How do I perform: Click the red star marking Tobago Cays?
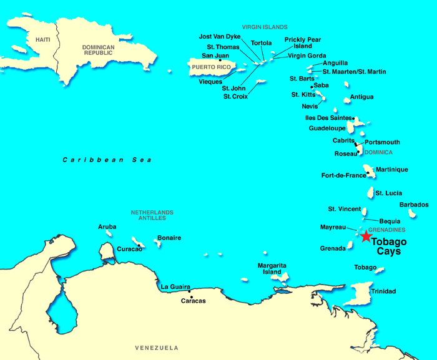365,236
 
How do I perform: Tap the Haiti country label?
42,40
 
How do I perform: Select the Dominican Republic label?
99,51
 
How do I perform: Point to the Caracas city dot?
190,291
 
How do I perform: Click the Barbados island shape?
412,213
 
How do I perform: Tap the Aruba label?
107,226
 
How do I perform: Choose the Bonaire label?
169,238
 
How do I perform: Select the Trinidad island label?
383,291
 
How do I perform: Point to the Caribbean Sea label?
107,160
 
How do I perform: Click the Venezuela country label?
157,348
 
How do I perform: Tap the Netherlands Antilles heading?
152,215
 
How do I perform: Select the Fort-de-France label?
343,175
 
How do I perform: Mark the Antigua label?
362,97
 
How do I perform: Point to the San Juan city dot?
220,60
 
